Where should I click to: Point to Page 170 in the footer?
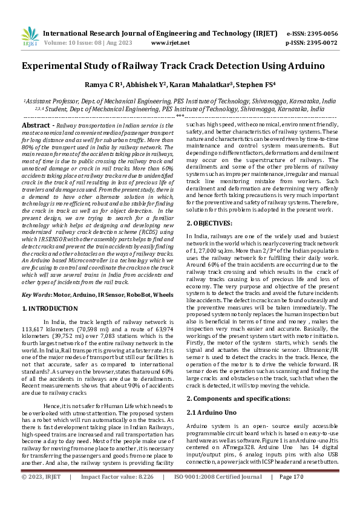tap(291, 494)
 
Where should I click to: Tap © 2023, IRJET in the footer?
tap(41, 494)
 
